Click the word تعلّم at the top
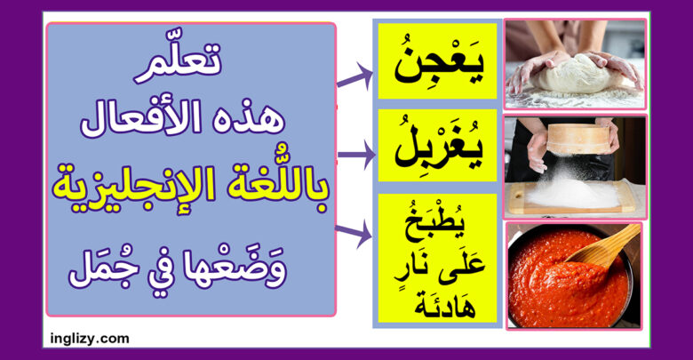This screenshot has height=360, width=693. point(178,63)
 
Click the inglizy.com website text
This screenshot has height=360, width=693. point(90,339)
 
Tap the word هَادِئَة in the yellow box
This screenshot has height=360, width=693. point(445,305)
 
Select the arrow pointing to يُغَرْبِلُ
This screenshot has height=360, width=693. point(356,155)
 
